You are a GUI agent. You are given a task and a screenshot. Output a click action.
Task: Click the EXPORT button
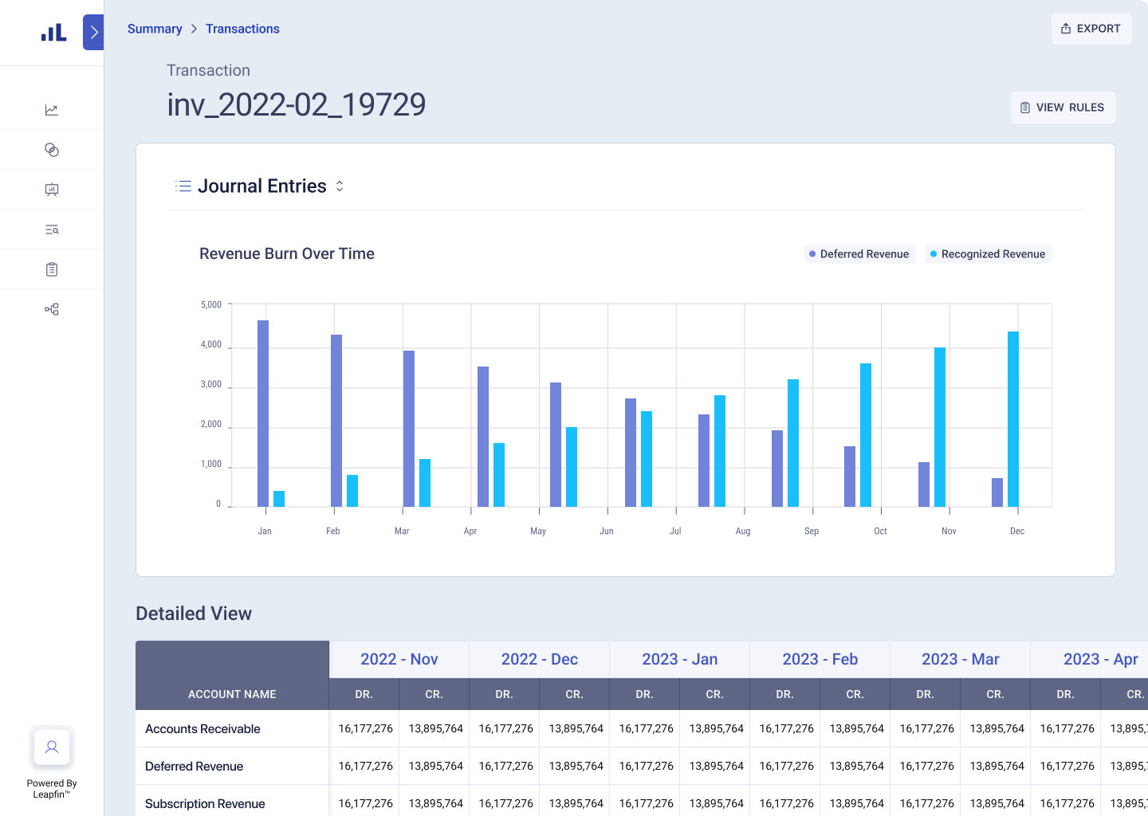(x=1091, y=29)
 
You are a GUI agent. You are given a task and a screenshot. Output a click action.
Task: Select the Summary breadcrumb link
(x=155, y=29)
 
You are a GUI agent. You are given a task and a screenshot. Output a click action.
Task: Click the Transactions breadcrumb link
(x=242, y=29)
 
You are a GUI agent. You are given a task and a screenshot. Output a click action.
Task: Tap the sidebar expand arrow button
(x=93, y=33)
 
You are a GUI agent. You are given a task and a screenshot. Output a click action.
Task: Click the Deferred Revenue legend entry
(x=859, y=254)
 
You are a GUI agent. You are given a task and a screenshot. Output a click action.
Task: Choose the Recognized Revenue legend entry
(x=988, y=254)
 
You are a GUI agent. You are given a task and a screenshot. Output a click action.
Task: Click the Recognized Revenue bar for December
(x=1013, y=419)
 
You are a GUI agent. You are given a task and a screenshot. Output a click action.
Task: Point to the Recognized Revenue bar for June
(x=647, y=459)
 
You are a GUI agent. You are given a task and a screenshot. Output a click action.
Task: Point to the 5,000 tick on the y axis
(x=211, y=304)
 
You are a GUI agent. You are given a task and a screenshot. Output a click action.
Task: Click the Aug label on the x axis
(x=743, y=531)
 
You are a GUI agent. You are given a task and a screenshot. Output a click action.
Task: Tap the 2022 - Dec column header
(x=539, y=659)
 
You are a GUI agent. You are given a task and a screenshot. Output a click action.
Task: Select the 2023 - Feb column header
(x=820, y=659)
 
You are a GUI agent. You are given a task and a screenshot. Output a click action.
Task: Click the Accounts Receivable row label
(x=202, y=729)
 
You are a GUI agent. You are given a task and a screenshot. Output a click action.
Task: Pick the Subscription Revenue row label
(x=205, y=803)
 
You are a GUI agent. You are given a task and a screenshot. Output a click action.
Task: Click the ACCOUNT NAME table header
(x=232, y=694)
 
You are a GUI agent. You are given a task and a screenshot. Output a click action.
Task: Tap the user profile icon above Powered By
(x=52, y=747)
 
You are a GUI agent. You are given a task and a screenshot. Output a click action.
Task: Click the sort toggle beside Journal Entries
(x=340, y=186)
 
